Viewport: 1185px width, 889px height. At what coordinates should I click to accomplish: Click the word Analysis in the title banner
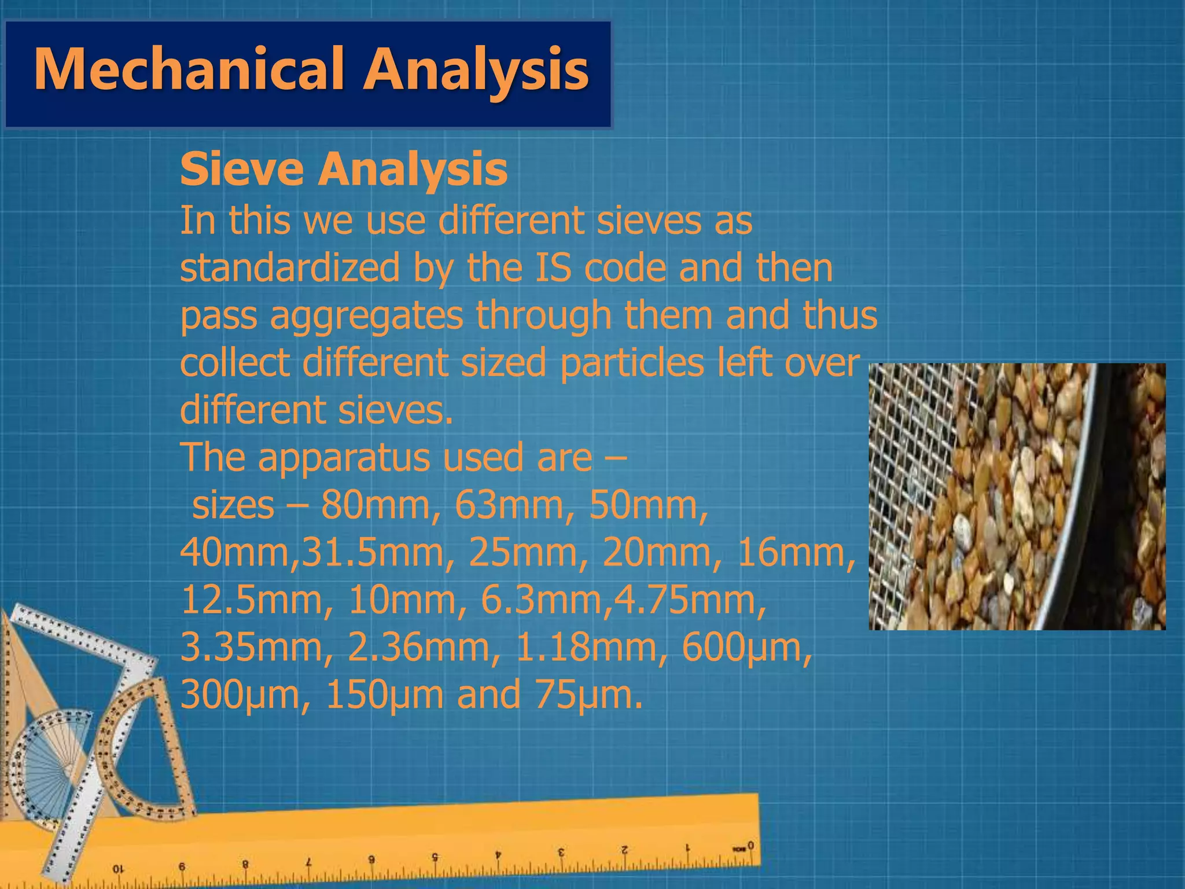476,69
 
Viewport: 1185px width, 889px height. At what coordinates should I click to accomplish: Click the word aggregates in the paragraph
367,316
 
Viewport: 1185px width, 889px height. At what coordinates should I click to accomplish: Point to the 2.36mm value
419,648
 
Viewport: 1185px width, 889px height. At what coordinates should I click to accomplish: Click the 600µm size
747,648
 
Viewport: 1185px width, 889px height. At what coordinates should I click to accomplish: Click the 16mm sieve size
796,553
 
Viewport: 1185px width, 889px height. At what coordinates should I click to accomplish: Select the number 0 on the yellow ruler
750,846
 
